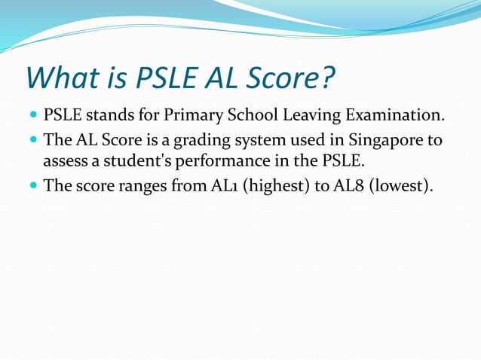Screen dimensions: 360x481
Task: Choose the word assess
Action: point(65,162)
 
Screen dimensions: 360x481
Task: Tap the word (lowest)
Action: point(404,185)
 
